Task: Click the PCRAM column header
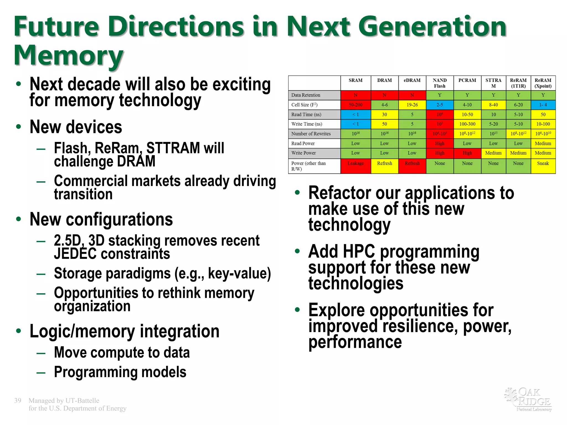pyautogui.click(x=467, y=81)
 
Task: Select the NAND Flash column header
pyautogui.click(x=439, y=83)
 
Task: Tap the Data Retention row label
pyautogui.click(x=306, y=95)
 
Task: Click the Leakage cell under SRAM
pyautogui.click(x=355, y=164)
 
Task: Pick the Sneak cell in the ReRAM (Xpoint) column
pyautogui.click(x=543, y=164)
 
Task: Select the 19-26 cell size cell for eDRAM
pyautogui.click(x=412, y=105)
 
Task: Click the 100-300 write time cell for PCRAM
pyautogui.click(x=467, y=124)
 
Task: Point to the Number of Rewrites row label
pyautogui.click(x=311, y=134)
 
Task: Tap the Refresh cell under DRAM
pyautogui.click(x=384, y=164)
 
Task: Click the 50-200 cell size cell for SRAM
pyautogui.click(x=355, y=105)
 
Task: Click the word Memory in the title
pyautogui.click(x=69, y=55)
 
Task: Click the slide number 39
pyautogui.click(x=18, y=401)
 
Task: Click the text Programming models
pyautogui.click(x=120, y=372)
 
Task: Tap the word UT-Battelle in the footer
pyautogui.click(x=82, y=401)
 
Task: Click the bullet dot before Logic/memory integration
pyautogui.click(x=19, y=331)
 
